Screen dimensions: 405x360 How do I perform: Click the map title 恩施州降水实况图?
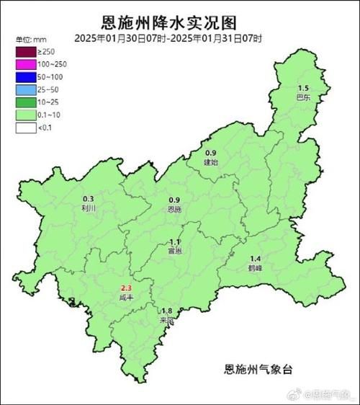[x=180, y=22]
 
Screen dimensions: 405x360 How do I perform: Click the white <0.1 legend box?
[x=26, y=127]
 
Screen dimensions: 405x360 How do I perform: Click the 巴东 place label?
[x=303, y=96]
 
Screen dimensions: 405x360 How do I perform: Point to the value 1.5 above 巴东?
[x=303, y=87]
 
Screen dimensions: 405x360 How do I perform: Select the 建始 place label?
[x=211, y=162]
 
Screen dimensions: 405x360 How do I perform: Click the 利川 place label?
[x=89, y=208]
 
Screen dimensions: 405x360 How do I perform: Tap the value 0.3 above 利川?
[x=89, y=199]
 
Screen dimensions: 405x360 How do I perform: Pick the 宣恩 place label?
[x=174, y=252]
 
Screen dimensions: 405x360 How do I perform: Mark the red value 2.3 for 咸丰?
[x=125, y=288]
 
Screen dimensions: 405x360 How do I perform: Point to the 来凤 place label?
[x=166, y=319]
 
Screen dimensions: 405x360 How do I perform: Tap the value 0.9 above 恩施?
[x=174, y=200]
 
